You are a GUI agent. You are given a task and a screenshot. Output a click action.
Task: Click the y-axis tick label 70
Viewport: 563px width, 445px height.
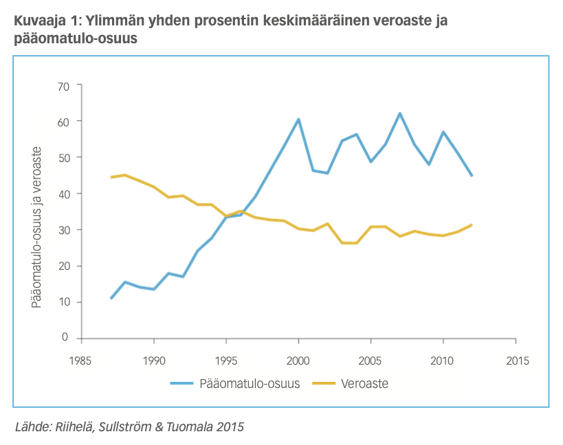65,85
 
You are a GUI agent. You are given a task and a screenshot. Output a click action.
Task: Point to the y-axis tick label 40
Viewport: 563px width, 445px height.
65,194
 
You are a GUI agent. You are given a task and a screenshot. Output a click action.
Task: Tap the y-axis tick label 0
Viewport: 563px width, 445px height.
67,338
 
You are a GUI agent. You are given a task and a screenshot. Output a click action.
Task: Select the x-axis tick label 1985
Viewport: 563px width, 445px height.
81,360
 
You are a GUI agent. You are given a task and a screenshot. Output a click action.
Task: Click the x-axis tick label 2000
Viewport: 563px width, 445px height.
298,360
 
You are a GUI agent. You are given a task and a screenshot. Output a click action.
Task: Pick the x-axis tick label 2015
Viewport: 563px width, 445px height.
516,360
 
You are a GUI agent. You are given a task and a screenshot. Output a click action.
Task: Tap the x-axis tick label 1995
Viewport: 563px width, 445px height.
226,360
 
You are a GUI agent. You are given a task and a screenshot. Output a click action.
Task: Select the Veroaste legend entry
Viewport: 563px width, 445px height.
364,384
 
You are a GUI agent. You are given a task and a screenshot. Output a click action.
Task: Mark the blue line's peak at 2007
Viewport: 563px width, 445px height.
399,113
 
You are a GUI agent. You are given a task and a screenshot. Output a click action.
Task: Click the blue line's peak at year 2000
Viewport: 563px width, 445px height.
298,119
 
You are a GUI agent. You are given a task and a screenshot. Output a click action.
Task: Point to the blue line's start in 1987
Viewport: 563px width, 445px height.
111,298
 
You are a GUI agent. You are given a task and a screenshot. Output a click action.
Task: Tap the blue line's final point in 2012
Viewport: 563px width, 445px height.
472,176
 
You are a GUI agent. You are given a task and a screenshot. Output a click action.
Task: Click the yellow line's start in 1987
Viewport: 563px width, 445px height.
111,177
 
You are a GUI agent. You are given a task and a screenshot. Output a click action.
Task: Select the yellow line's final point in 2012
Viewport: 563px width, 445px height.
472,225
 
